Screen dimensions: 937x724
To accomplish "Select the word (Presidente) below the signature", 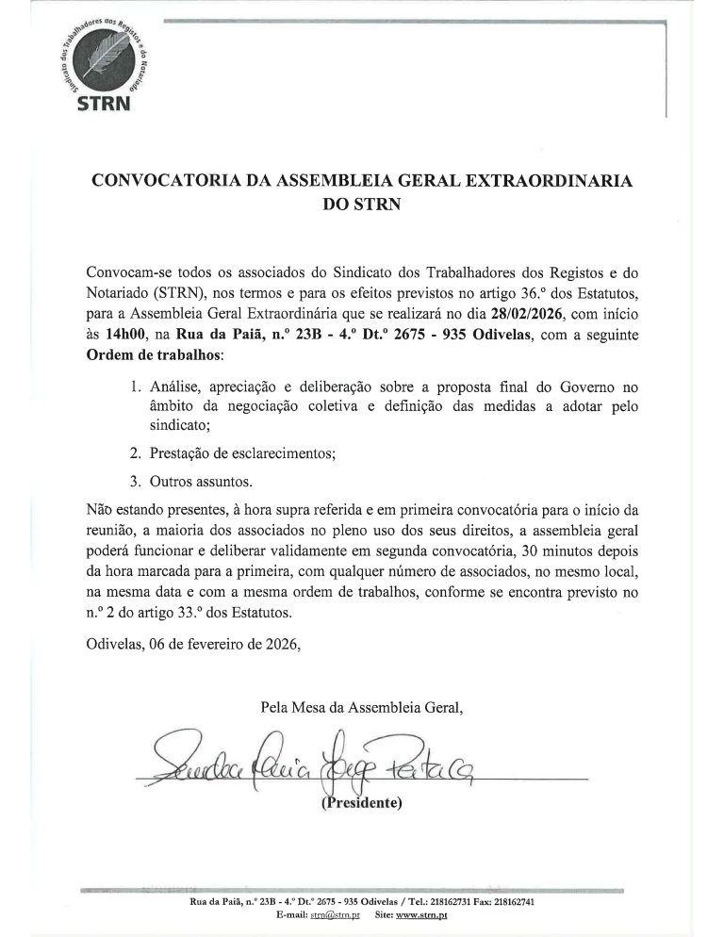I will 362,804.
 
